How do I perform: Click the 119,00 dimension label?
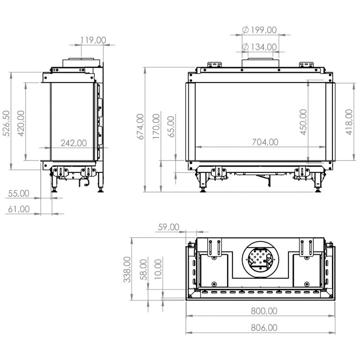(93, 40)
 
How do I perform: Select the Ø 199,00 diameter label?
(260, 30)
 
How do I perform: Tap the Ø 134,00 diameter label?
(260, 47)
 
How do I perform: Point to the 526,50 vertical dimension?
(6, 123)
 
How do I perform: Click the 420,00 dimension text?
(21, 123)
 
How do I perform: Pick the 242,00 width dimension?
(74, 143)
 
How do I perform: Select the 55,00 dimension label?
(19, 193)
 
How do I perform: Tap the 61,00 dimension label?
(19, 209)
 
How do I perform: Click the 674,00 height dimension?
(140, 126)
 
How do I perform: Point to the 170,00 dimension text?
(156, 126)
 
